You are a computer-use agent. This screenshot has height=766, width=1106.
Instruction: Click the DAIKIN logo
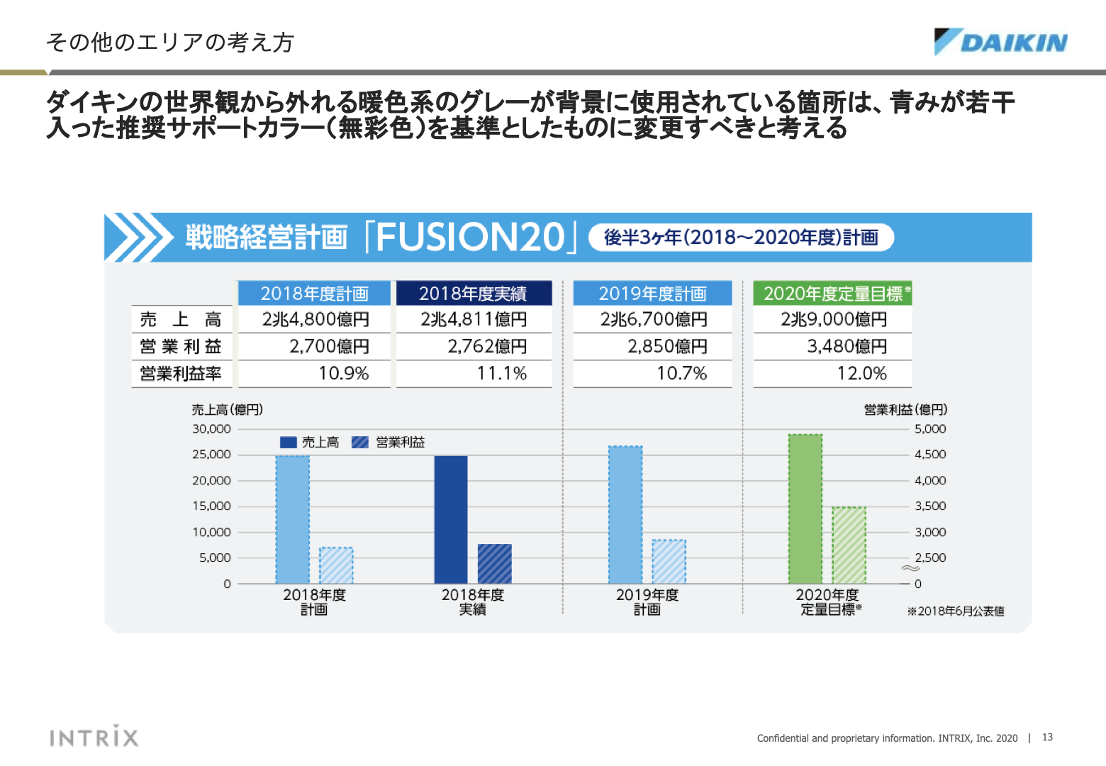point(1000,43)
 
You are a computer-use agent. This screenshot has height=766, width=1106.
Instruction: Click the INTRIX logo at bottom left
point(94,737)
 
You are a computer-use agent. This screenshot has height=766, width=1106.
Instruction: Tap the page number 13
point(1047,738)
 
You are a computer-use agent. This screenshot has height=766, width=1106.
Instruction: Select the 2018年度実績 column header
point(473,294)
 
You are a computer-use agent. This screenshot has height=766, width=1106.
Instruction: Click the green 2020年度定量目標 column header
point(832,294)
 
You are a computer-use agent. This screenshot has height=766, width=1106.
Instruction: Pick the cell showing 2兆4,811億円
point(474,320)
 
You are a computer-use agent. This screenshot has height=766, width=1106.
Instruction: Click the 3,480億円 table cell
point(847,347)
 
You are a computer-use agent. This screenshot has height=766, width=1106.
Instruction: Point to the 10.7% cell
point(681,374)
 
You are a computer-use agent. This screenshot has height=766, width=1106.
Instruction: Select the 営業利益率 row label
point(181,374)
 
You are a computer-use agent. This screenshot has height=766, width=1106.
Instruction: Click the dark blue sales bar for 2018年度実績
point(451,520)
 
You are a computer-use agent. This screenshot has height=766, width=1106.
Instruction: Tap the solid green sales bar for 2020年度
point(805,509)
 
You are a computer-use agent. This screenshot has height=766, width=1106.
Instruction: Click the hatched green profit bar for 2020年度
point(849,545)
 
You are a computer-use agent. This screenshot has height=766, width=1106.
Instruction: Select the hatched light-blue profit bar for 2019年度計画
point(669,562)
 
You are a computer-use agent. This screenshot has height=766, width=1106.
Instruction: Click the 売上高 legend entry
point(310,443)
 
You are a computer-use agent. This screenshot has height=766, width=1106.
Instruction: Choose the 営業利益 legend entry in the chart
point(389,443)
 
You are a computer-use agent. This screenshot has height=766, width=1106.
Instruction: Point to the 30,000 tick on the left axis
point(211,429)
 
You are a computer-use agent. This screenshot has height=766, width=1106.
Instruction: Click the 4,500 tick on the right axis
point(930,455)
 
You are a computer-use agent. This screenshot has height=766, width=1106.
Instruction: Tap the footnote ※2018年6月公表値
point(956,611)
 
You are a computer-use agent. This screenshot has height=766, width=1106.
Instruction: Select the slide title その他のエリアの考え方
point(169,43)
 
